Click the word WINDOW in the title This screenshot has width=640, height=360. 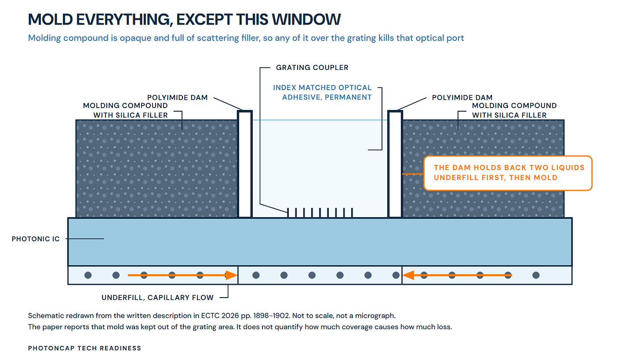[306, 19]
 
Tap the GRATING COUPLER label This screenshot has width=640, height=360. [312, 67]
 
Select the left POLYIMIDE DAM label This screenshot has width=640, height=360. [178, 98]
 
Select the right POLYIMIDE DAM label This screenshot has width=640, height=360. [462, 98]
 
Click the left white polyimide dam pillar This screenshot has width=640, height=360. [245, 164]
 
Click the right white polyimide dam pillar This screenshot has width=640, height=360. [395, 164]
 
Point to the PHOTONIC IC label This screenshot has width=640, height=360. [36, 239]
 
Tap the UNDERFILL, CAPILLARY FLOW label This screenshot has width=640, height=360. [157, 298]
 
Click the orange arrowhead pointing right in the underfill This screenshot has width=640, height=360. [232, 275]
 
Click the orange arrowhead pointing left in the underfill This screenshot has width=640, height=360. [408, 275]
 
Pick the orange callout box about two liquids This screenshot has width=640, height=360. [508, 173]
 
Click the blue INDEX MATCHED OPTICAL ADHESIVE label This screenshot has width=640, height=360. [322, 92]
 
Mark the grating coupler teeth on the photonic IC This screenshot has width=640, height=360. [320, 213]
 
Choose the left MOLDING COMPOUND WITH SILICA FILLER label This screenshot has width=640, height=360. [125, 110]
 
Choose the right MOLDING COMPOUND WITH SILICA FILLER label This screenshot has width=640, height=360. [514, 110]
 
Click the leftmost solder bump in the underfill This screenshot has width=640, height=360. [88, 275]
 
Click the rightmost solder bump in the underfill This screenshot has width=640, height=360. [536, 275]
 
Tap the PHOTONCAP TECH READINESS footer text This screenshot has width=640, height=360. [84, 348]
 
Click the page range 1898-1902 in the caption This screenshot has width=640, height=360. [269, 316]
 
